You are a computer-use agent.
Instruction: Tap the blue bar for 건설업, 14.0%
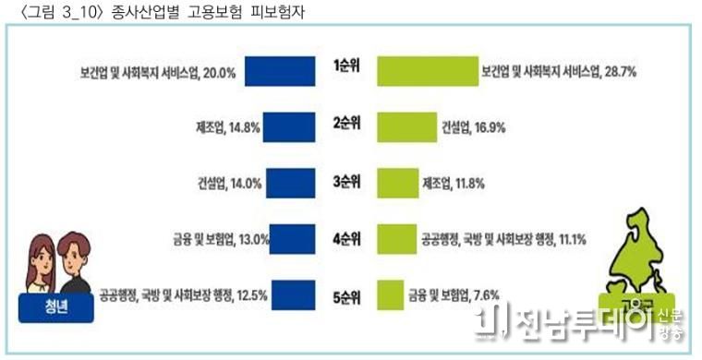coord(293,182)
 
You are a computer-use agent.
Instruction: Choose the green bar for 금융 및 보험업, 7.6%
coord(390,295)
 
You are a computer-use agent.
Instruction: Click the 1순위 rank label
coord(347,67)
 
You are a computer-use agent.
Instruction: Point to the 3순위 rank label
coord(347,181)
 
